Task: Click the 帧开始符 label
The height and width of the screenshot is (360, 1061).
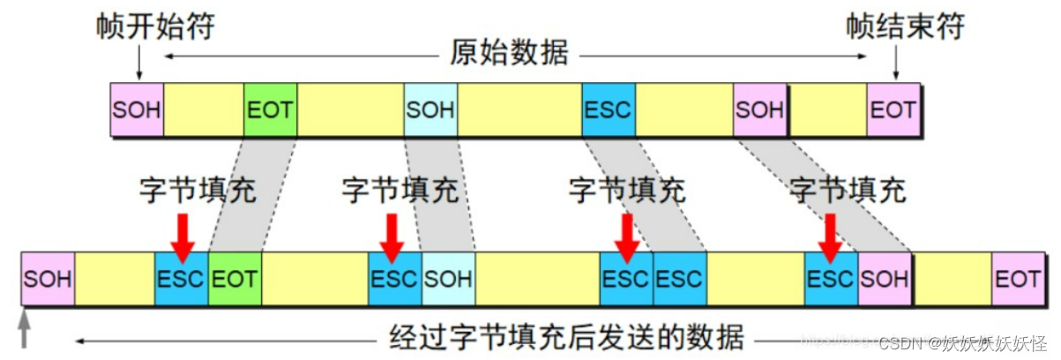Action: pyautogui.click(x=155, y=26)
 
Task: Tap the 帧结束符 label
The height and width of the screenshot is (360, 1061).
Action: pyautogui.click(x=905, y=26)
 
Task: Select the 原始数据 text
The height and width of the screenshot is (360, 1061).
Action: pyautogui.click(x=510, y=55)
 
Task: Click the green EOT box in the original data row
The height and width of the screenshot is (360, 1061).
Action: pyautogui.click(x=271, y=110)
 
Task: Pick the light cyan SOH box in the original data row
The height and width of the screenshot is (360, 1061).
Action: pyautogui.click(x=430, y=110)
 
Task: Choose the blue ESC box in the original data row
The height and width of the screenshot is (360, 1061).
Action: pyautogui.click(x=609, y=110)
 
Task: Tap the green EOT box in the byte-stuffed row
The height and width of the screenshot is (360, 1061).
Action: pyautogui.click(x=235, y=279)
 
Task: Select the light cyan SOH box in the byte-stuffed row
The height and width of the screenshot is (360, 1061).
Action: pyautogui.click(x=448, y=279)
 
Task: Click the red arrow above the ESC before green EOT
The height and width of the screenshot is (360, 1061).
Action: pyautogui.click(x=182, y=236)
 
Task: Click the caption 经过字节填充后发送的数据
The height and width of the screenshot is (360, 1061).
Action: pyautogui.click(x=567, y=338)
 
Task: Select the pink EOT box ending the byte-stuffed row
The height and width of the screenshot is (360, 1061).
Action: pyautogui.click(x=1017, y=279)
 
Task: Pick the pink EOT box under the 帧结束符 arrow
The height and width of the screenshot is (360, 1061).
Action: pyautogui.click(x=893, y=110)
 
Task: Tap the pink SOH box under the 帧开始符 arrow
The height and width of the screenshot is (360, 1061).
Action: pyautogui.click(x=137, y=110)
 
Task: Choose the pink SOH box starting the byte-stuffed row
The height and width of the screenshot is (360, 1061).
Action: pyautogui.click(x=48, y=279)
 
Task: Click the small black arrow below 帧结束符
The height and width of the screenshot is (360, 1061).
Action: pyautogui.click(x=896, y=64)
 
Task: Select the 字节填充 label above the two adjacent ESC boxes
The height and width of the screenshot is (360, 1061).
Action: pyautogui.click(x=627, y=190)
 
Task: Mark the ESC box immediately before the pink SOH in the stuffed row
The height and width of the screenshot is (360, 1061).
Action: pyautogui.click(x=831, y=279)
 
